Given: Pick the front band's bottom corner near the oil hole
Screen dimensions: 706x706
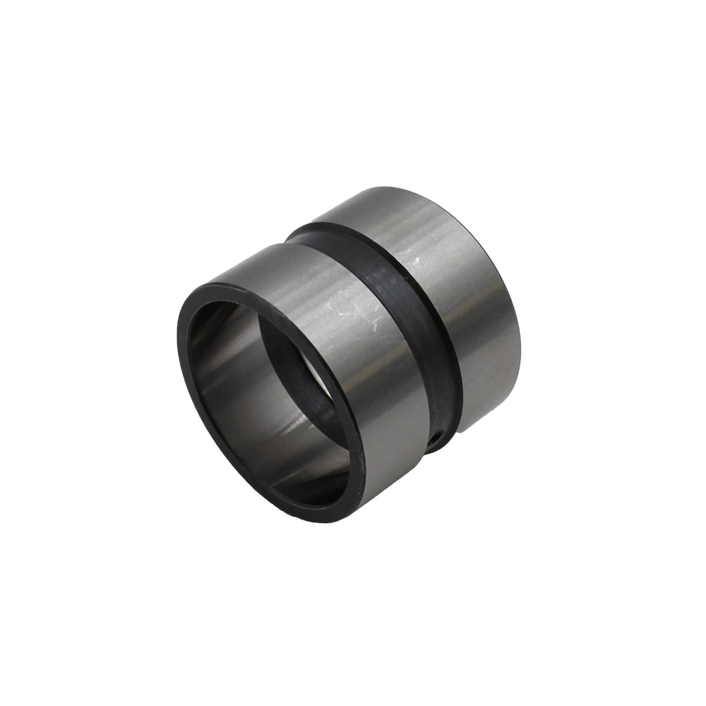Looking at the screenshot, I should pyautogui.click(x=426, y=452).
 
